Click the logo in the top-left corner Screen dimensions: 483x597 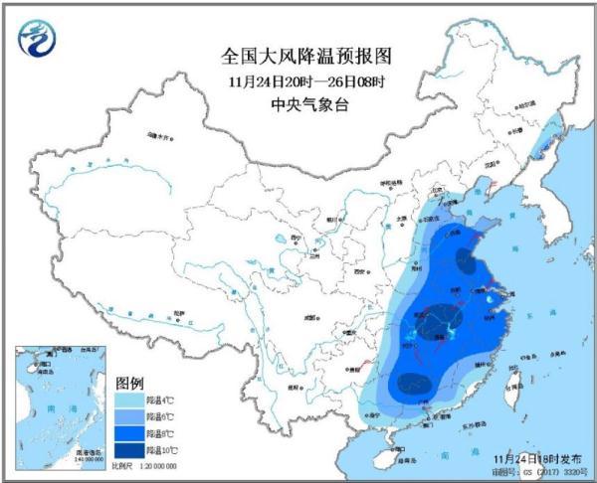click(36, 37)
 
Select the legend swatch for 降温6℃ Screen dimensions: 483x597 click(130, 416)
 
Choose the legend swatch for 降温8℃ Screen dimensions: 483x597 click(130, 434)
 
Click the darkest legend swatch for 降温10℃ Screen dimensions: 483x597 click(130, 451)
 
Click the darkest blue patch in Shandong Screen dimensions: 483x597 click(465, 260)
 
